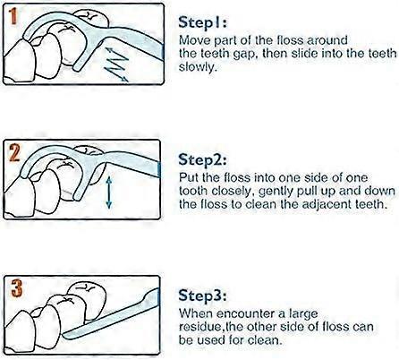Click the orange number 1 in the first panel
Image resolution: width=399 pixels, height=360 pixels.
13,17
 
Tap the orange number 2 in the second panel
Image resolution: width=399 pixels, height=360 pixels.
13,153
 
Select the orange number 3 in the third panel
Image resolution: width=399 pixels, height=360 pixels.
16,287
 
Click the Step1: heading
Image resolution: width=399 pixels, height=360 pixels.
202,22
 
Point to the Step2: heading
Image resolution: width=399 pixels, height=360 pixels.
202,159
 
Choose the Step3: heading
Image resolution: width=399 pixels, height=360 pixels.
202,296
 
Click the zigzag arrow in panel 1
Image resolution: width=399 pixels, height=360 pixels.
117,64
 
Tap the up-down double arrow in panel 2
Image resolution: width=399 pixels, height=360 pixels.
109,192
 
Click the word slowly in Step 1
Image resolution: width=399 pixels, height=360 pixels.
197,67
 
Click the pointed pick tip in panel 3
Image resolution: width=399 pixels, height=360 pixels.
64,335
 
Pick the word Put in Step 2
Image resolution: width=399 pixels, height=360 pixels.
189,178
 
